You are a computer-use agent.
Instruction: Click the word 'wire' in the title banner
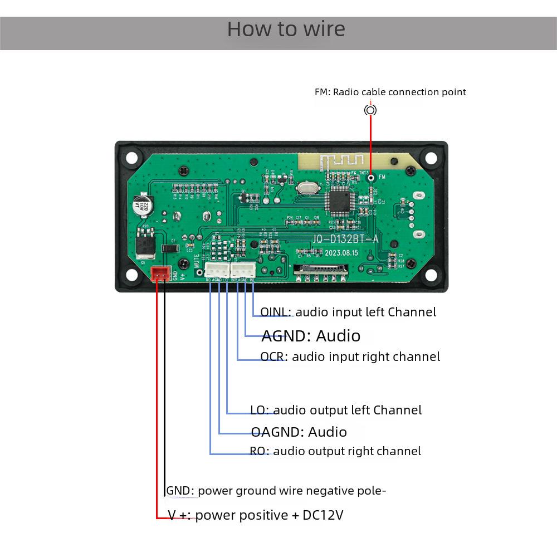[x=324, y=29]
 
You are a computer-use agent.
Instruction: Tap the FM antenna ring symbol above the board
[x=370, y=110]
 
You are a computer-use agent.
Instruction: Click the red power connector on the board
[x=160, y=273]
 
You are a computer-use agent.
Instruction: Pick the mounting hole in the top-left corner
[x=131, y=158]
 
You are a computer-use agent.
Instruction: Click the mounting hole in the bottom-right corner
[x=431, y=275]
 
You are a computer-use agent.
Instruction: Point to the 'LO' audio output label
[x=259, y=411]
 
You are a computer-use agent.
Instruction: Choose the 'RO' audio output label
[x=259, y=451]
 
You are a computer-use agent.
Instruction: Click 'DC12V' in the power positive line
[x=323, y=515]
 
